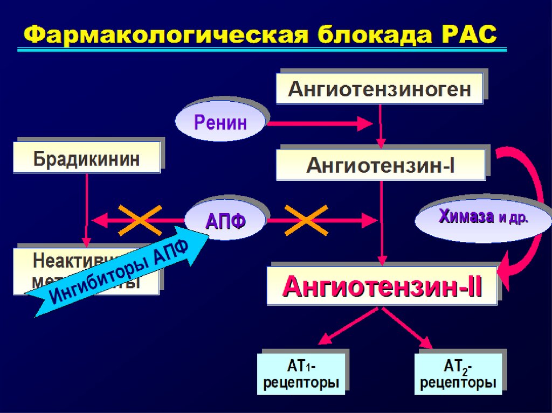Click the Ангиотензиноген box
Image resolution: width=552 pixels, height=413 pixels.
point(379,88)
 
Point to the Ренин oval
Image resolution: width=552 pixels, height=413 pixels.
point(220,122)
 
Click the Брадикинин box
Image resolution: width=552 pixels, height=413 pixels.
point(86,157)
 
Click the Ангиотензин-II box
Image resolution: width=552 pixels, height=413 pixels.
point(382,286)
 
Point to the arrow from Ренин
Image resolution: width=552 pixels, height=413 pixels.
point(318,123)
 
